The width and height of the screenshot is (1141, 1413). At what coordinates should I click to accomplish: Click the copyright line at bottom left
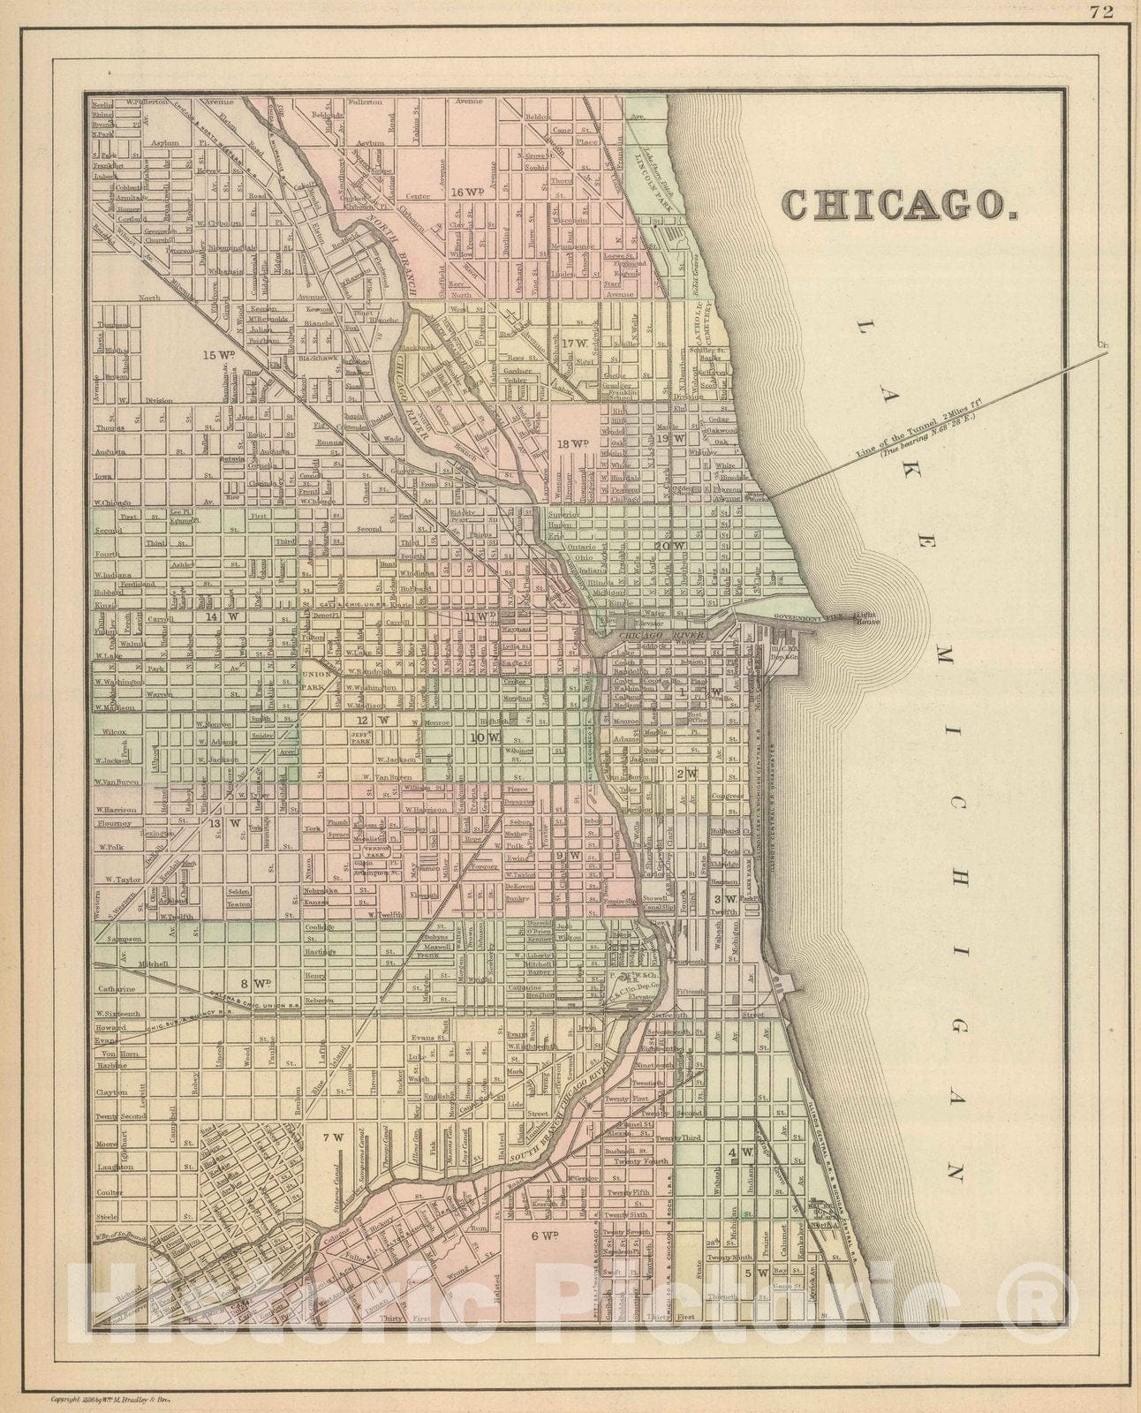(110, 1398)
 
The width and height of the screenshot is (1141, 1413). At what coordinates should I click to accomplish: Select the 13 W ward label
(224, 823)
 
